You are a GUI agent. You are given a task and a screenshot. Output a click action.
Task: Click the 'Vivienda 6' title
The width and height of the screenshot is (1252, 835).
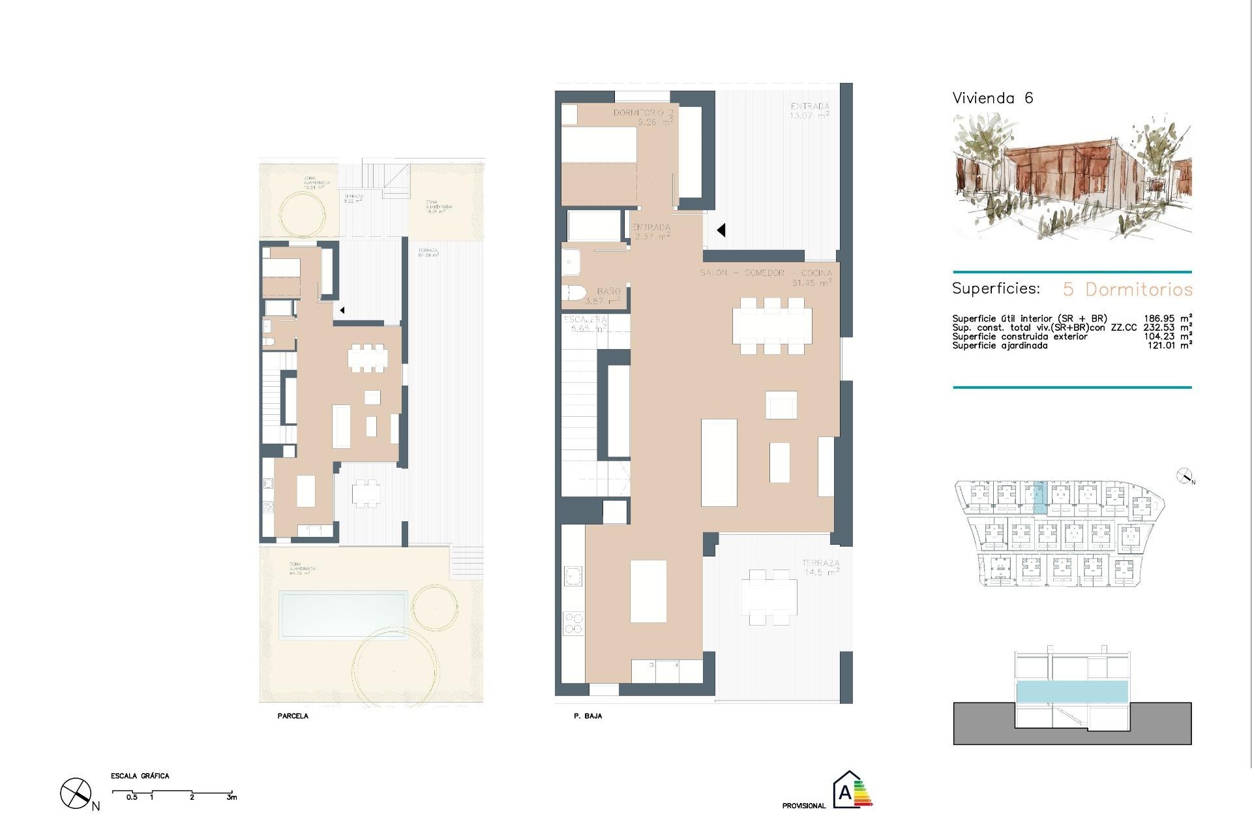[x=992, y=99]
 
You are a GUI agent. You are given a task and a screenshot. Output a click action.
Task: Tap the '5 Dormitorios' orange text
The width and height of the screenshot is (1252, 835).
[x=1127, y=289]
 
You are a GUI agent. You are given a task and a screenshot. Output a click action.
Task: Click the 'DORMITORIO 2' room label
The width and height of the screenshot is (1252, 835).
[x=643, y=113]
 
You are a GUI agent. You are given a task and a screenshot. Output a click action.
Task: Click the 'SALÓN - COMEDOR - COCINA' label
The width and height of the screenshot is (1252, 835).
[x=766, y=273]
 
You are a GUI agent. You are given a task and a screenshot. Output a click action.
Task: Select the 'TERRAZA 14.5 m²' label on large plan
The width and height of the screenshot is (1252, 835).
[x=820, y=567]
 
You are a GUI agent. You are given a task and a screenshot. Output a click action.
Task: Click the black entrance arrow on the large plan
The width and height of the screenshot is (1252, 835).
[x=721, y=230]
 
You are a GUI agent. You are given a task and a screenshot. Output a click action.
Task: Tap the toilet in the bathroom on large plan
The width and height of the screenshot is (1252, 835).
[x=574, y=293]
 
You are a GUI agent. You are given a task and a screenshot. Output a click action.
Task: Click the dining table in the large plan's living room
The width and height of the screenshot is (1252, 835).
[x=772, y=326]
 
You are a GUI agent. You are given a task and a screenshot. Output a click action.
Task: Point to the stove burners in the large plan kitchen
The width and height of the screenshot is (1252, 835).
[x=573, y=623]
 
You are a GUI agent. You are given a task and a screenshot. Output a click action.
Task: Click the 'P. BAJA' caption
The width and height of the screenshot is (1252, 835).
[x=588, y=716]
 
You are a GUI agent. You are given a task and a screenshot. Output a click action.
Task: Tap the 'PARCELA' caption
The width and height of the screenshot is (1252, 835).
[x=293, y=716]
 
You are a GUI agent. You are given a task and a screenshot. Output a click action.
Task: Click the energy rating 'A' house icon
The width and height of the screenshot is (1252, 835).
[x=848, y=791]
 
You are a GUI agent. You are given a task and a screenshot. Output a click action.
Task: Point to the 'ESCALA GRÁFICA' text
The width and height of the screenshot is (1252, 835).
[x=140, y=776]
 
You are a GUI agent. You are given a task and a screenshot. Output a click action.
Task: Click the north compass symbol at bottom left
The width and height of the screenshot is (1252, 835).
[x=76, y=794]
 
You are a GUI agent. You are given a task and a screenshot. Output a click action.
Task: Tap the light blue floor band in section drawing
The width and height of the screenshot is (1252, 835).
[x=1072, y=691]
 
